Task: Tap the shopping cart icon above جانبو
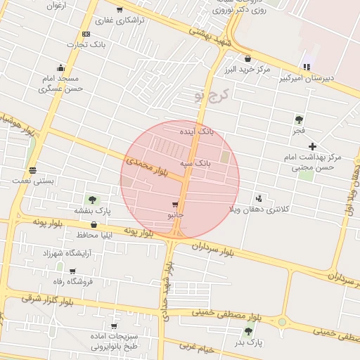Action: click(175, 204)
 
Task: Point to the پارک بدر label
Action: click(248, 342)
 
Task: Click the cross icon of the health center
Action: click(313, 146)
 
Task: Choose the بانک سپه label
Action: click(195, 163)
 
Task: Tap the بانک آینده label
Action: click(196, 131)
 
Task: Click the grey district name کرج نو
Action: click(212, 94)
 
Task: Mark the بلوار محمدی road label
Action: click(148, 166)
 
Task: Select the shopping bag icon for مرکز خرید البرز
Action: click(247, 58)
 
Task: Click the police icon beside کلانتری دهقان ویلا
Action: click(259, 199)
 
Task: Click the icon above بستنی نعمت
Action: click(33, 170)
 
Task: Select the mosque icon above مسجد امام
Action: click(60, 68)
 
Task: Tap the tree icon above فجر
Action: click(299, 120)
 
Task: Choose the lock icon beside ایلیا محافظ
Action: click(94, 225)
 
